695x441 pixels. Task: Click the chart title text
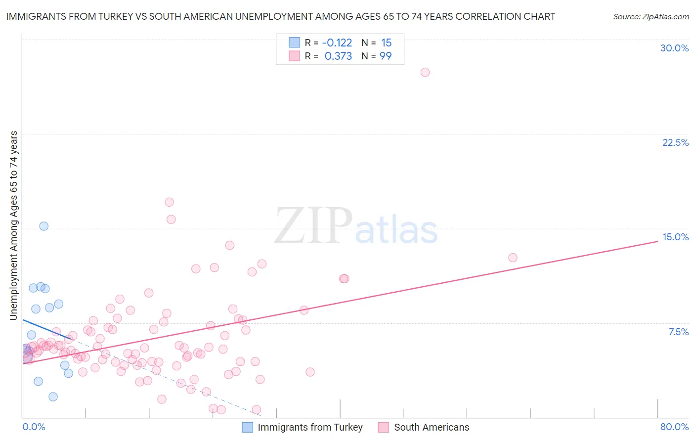[x=280, y=16]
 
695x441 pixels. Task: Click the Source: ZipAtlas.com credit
[x=651, y=17]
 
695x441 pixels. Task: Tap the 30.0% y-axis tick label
[x=674, y=48]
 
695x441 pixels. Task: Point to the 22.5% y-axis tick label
[x=675, y=142]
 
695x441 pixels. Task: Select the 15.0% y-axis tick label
[x=675, y=237]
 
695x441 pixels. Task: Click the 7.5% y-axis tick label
[x=678, y=332]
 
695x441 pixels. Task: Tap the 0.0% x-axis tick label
[x=34, y=427]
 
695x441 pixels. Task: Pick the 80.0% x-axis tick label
[x=674, y=427]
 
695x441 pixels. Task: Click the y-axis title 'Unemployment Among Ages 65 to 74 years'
[x=14, y=225]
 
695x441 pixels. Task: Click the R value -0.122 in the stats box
[x=337, y=43]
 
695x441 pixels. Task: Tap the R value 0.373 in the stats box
[x=338, y=56]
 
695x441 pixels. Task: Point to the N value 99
[x=386, y=56]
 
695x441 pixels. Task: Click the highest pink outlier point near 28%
[x=425, y=72]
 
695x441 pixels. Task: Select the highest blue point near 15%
[x=44, y=226]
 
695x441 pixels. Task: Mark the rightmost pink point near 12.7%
[x=513, y=258]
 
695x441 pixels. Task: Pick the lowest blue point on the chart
[x=53, y=397]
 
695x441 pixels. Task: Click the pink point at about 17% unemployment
[x=169, y=202]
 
